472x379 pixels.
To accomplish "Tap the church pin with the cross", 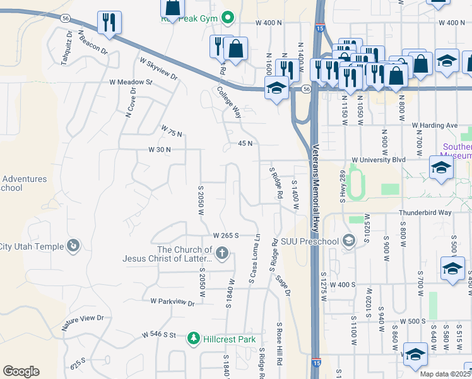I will point(221,254).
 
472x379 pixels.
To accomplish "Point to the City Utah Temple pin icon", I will point(73,246).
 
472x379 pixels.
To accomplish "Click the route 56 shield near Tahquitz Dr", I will point(66,19).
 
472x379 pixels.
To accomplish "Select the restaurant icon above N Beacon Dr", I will point(109,23).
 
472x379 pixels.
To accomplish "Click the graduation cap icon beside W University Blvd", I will point(440,168).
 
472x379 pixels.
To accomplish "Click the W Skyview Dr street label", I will point(158,68).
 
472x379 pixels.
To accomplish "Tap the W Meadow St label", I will point(131,82).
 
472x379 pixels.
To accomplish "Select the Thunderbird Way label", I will point(425,213).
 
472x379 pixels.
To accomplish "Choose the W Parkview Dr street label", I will point(172,302).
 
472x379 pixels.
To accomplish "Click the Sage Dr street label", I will point(283,282).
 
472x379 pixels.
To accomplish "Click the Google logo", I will point(21,371).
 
